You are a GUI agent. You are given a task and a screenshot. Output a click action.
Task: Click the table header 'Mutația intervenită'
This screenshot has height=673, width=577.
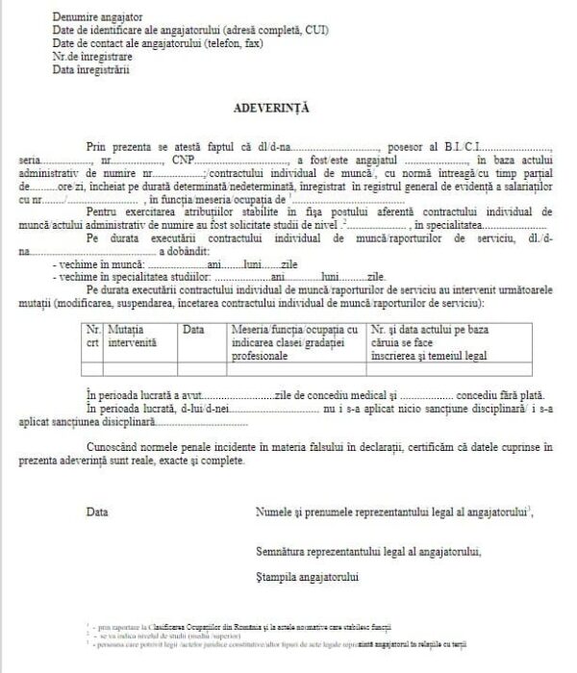(x=138, y=336)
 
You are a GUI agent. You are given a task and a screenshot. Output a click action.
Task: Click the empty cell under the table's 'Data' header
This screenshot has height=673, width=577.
(x=203, y=367)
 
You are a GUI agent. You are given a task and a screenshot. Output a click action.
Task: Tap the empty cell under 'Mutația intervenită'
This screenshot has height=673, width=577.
(x=141, y=367)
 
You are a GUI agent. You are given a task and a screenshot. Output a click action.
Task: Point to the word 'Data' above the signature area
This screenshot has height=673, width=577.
(x=97, y=511)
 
